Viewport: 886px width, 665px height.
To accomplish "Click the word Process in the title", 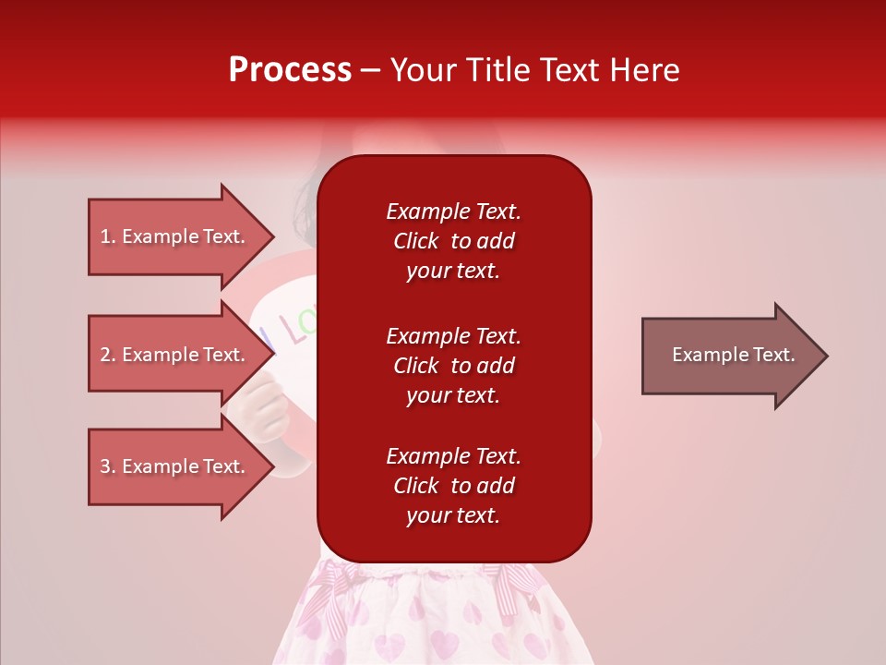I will tap(290, 70).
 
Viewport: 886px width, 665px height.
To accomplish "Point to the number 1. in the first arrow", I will tap(108, 236).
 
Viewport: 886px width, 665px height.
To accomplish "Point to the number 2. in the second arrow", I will tap(108, 355).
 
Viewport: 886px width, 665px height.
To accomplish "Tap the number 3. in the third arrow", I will tap(108, 466).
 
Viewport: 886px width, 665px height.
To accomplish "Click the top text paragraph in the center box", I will tap(453, 241).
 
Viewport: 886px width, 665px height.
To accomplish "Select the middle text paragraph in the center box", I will tap(453, 366).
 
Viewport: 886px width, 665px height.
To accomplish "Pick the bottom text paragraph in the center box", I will tap(453, 486).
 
